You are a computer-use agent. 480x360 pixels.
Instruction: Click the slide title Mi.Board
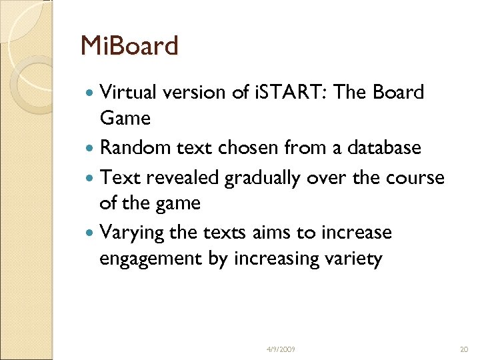tap(129, 47)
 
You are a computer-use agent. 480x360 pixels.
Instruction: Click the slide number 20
tap(464, 349)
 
